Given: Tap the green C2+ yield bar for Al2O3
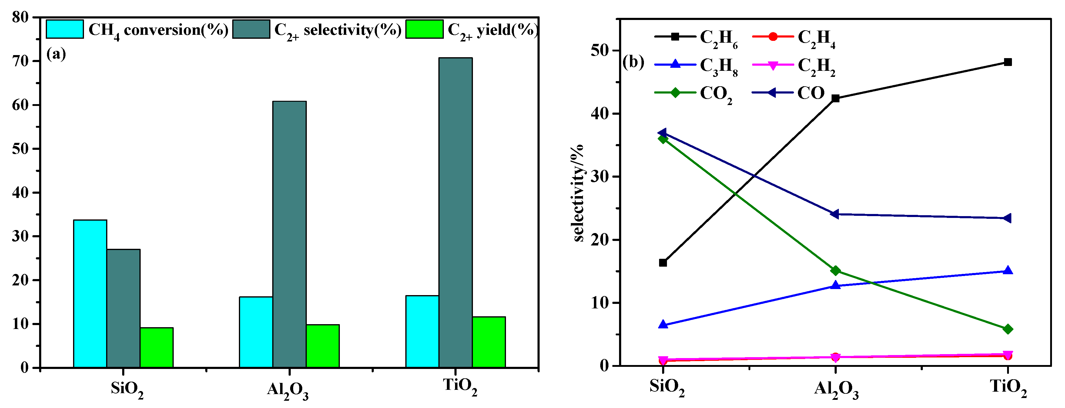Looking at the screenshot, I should pyautogui.click(x=323, y=346).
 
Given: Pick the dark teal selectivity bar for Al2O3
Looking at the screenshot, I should pyautogui.click(x=290, y=234).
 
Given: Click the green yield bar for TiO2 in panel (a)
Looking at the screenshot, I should pyautogui.click(x=489, y=342).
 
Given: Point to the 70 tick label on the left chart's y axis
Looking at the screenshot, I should pyautogui.click(x=21, y=61).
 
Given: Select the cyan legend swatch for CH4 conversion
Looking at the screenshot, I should pyautogui.click(x=65, y=29).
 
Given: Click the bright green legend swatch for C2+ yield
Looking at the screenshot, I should pyautogui.click(x=424, y=29).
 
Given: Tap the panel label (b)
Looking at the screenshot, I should pyautogui.click(x=633, y=62).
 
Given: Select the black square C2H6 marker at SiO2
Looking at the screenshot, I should pyautogui.click(x=663, y=263).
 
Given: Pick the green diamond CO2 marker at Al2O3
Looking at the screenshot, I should pyautogui.click(x=835, y=271).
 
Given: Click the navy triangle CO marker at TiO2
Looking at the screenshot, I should pyautogui.click(x=1007, y=218).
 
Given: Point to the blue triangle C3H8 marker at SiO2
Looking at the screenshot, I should pyautogui.click(x=663, y=324).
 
